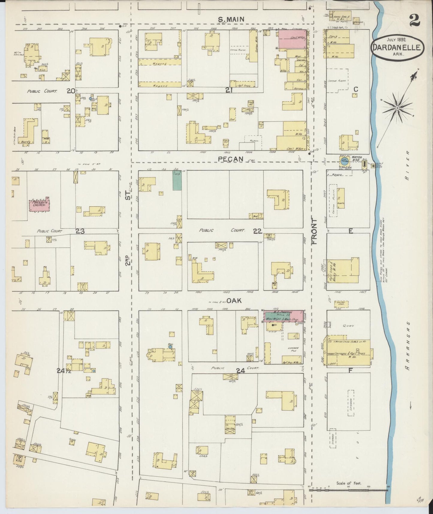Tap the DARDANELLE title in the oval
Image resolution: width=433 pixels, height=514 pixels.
[397, 48]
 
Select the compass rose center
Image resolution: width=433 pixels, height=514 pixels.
[397, 108]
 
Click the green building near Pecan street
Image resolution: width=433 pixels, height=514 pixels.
[177, 180]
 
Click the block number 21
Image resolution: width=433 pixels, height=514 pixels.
[229, 90]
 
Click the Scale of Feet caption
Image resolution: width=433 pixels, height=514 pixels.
[348, 483]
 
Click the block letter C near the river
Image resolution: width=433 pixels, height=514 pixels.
[355, 89]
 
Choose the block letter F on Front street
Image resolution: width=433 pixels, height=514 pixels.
[350, 371]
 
